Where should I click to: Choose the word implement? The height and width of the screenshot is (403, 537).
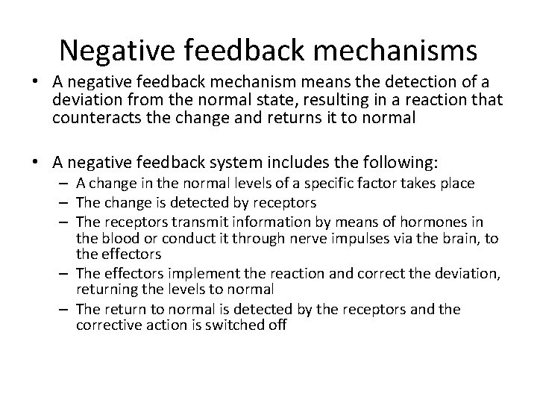(186, 273)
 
